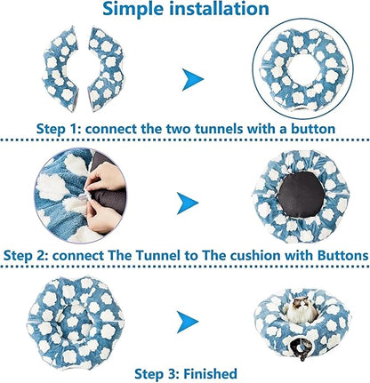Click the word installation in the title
[220, 8]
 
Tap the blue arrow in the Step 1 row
[193, 79]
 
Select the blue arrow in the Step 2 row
[188, 203]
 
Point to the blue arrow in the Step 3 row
[188, 322]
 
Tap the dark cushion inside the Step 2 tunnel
[301, 195]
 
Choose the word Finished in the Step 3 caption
[211, 374]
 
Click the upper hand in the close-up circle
[104, 177]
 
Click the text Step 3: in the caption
[157, 374]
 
